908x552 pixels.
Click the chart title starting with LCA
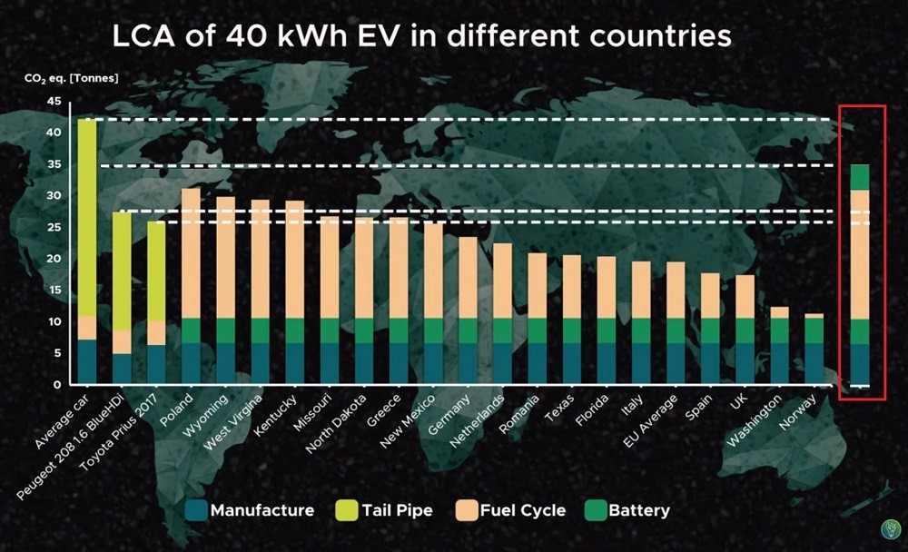420,38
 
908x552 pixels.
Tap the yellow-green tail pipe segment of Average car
87,218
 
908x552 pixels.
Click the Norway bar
814,349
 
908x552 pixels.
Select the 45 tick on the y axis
53,102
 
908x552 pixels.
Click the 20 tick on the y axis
53,259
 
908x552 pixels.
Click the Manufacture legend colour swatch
194,510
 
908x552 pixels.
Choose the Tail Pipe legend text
396,510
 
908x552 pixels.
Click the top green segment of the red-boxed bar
859,177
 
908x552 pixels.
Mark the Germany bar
468,309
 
